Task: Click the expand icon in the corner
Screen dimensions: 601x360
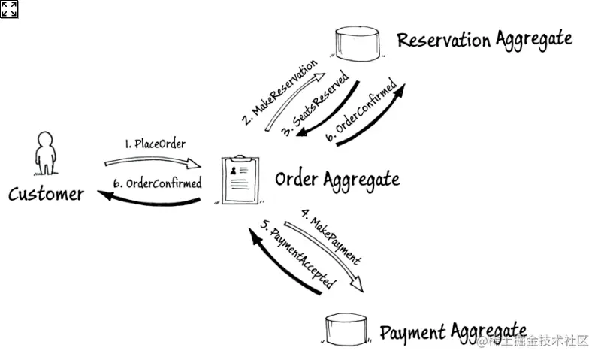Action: (x=9, y=9)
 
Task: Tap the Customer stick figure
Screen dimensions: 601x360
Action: (x=46, y=153)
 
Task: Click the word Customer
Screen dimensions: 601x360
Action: (x=46, y=194)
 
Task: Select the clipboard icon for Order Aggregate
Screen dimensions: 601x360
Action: (x=240, y=180)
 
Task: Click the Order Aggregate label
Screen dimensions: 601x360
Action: (x=337, y=180)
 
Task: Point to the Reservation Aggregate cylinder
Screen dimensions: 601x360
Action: (x=358, y=44)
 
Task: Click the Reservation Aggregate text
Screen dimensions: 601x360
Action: (x=485, y=40)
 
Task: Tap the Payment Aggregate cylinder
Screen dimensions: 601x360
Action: (x=346, y=328)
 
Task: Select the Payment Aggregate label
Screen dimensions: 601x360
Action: (x=453, y=332)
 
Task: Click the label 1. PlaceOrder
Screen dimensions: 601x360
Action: (x=156, y=144)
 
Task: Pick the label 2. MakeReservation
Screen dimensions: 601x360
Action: (x=279, y=92)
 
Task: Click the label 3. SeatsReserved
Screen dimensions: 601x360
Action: (x=315, y=104)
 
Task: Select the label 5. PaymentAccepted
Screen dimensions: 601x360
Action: (x=297, y=254)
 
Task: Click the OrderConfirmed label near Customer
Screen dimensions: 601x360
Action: (x=158, y=183)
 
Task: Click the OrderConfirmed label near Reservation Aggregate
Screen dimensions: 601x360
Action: (x=361, y=110)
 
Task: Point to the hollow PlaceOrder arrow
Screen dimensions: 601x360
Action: (x=153, y=161)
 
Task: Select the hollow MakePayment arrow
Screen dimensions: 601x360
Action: (x=326, y=255)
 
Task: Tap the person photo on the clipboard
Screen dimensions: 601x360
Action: (x=234, y=171)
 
